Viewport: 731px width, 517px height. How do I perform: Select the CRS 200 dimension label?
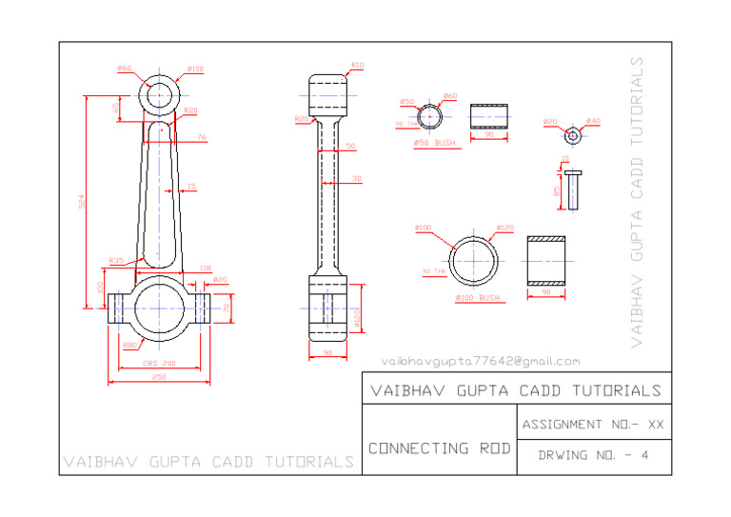point(159,363)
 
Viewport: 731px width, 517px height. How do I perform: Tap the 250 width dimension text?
point(159,378)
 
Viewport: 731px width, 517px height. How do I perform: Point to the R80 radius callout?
point(129,345)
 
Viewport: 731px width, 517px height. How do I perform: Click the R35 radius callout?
point(116,260)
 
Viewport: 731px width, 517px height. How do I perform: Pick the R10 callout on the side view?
point(357,65)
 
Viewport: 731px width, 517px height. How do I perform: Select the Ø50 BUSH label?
point(434,143)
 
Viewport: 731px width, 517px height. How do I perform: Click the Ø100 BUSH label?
point(477,298)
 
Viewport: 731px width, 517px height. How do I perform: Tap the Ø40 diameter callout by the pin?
point(593,121)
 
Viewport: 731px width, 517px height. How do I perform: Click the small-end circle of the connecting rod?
point(162,94)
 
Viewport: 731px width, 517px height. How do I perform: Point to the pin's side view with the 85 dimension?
point(571,189)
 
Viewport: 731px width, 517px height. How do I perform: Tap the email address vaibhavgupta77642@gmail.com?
point(480,361)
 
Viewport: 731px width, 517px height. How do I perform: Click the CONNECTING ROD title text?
point(439,447)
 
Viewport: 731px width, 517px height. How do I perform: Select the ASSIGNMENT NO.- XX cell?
point(592,424)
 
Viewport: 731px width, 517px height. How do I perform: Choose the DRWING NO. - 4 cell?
point(592,456)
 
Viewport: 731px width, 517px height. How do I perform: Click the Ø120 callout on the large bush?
point(504,229)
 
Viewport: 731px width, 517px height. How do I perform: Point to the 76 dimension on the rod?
point(202,138)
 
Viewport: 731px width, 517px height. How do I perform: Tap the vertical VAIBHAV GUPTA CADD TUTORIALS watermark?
point(637,200)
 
